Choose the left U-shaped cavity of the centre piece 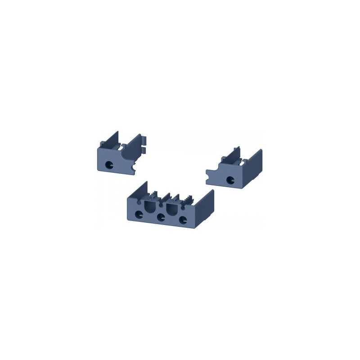coord(149,209)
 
